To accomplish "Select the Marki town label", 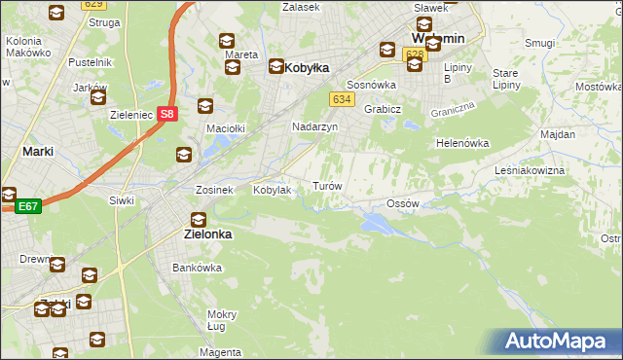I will [37, 152].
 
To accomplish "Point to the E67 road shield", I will [27, 206].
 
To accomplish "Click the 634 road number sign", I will [341, 99].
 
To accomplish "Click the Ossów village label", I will [402, 203].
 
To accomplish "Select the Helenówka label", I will [461, 142].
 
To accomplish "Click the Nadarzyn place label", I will [314, 126].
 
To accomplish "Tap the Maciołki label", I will [223, 127].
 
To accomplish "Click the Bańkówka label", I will [192, 267].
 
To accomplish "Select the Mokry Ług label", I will [222, 320].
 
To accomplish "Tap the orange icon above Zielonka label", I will [199, 220].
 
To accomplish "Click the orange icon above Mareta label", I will [227, 41].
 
